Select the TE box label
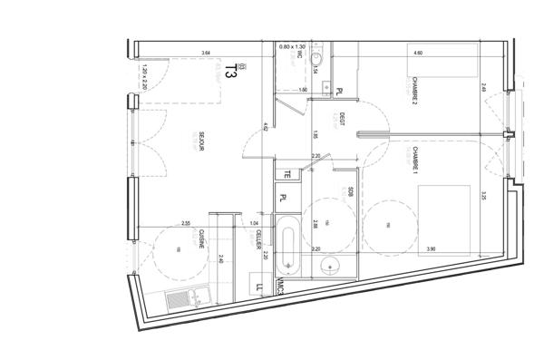coord(286,173)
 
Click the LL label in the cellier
coord(259,288)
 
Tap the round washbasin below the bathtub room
coord(330,266)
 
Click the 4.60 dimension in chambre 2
coord(418,53)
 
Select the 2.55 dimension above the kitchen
coord(185,223)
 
